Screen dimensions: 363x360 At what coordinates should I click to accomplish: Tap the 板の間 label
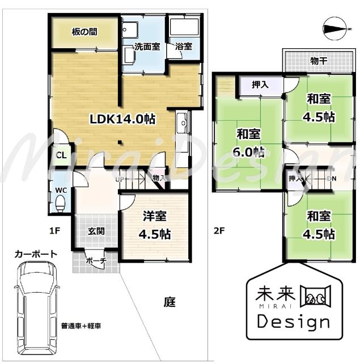click(x=84, y=32)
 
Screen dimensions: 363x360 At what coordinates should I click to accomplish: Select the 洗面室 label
click(x=146, y=47)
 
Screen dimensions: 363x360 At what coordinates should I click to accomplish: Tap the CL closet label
click(x=60, y=155)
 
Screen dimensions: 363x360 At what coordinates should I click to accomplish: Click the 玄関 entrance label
click(x=95, y=231)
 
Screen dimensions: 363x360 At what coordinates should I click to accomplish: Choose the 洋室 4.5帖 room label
click(x=155, y=225)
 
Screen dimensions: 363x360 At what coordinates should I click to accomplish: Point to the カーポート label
click(x=36, y=254)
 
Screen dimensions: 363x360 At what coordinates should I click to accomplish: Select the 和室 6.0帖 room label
click(x=249, y=142)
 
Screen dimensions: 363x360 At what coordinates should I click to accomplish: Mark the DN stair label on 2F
click(x=332, y=179)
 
